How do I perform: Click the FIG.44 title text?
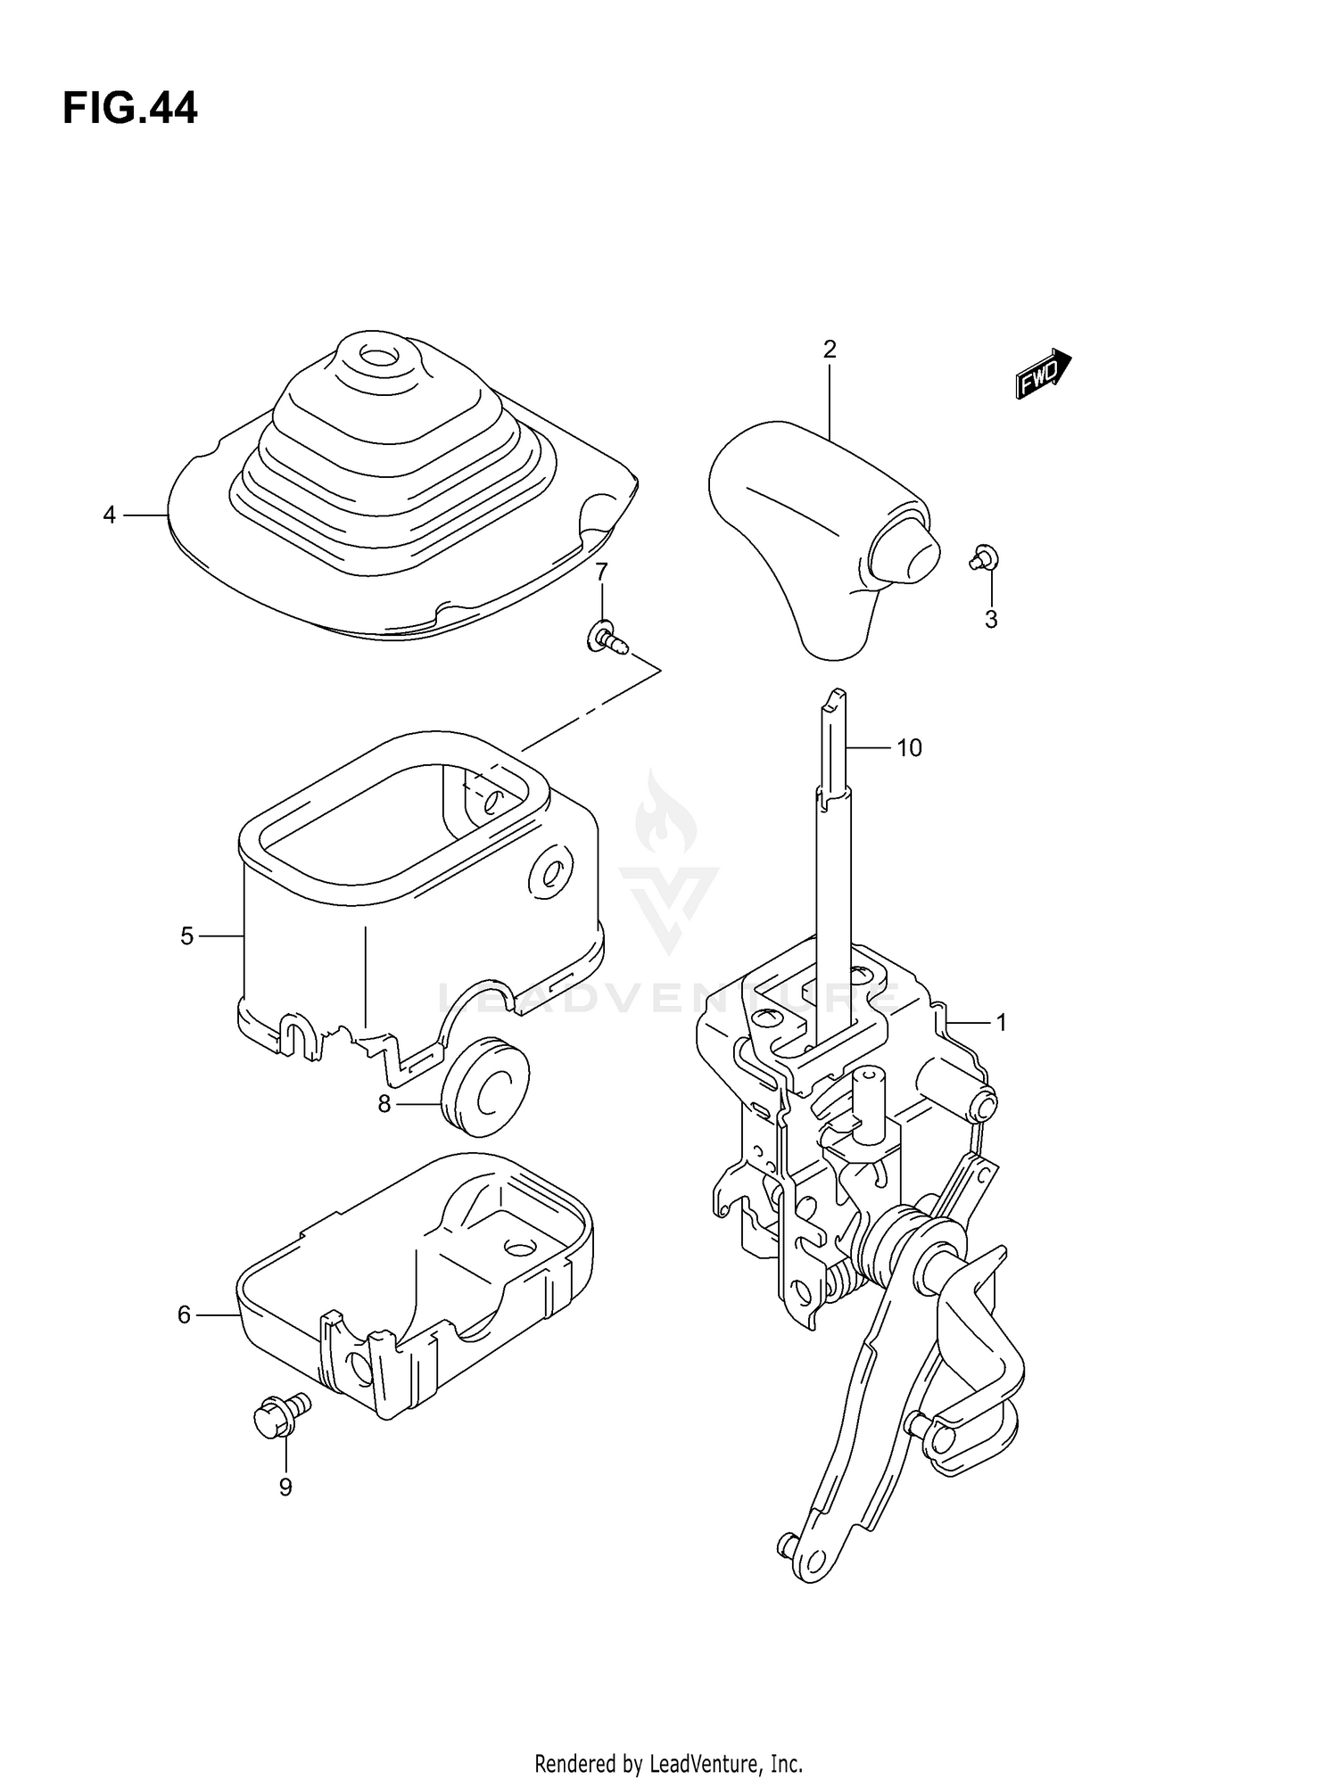[x=130, y=109]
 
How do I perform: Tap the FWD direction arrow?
[x=1043, y=373]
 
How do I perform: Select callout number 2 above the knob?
[x=830, y=350]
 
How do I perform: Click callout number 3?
[x=991, y=619]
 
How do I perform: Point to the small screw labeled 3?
[x=984, y=558]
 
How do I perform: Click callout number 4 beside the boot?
[x=109, y=515]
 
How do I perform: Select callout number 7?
[x=601, y=571]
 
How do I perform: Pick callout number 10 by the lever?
[x=909, y=747]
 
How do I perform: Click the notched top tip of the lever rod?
[x=833, y=698]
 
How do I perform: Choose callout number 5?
[x=186, y=935]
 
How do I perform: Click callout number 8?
[x=384, y=1104]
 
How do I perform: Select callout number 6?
[x=185, y=1314]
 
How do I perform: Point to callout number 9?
[x=285, y=1487]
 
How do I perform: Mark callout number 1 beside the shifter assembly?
[x=1002, y=1022]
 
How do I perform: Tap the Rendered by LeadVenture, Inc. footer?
[x=668, y=1738]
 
